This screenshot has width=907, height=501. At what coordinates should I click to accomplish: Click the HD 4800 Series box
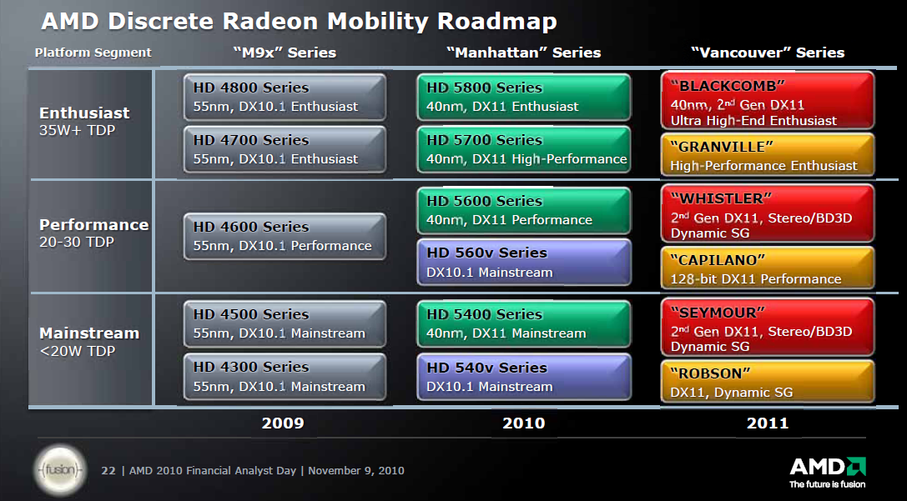[x=285, y=98]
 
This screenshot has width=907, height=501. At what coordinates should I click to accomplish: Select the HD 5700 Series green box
[x=524, y=150]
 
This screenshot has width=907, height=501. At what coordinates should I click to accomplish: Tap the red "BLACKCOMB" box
[x=767, y=100]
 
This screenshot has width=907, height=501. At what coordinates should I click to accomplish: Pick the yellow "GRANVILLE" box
[x=767, y=155]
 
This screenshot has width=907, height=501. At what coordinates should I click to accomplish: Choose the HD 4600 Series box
[x=285, y=236]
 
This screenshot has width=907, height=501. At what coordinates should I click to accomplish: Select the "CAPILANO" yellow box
[x=767, y=268]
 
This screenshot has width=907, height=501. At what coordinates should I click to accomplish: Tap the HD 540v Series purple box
[x=524, y=377]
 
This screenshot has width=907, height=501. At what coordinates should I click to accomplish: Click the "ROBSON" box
[x=767, y=382]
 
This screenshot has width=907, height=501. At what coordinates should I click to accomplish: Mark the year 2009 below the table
[x=283, y=423]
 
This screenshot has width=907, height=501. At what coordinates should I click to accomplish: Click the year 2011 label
[x=767, y=423]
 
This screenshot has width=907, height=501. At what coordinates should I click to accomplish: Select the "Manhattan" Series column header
[x=523, y=53]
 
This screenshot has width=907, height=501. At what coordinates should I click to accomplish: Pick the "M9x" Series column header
[x=284, y=53]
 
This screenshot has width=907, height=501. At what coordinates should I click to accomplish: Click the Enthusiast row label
[x=84, y=113]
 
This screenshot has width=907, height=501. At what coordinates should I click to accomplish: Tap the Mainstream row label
[x=89, y=333]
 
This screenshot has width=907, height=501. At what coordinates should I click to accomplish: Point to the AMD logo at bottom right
[x=827, y=468]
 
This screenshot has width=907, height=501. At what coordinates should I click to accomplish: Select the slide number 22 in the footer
[x=108, y=471]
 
